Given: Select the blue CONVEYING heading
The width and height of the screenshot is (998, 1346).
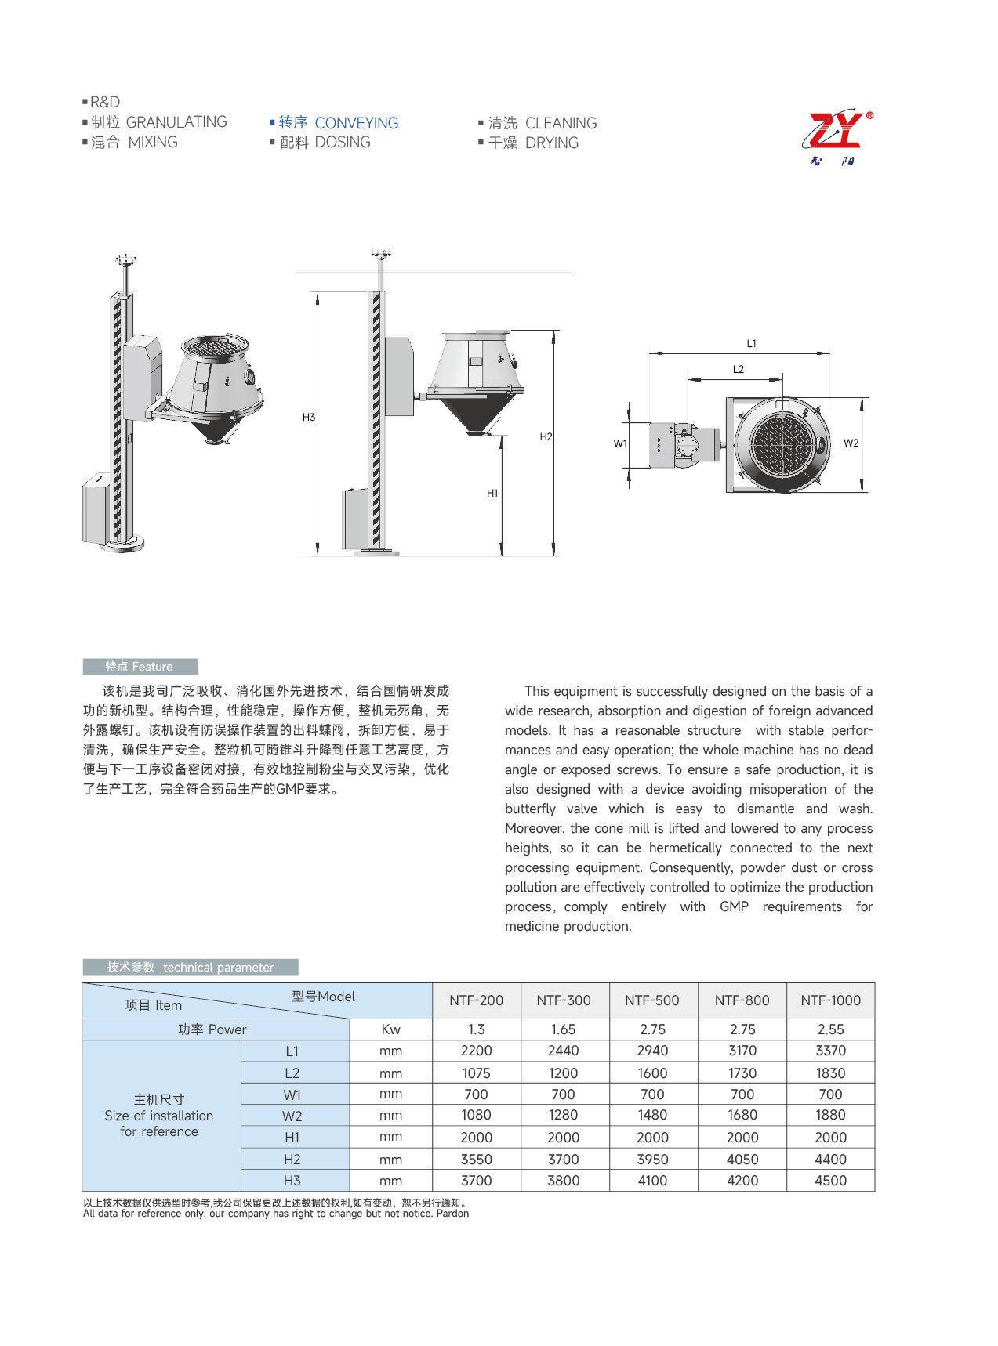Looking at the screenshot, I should coord(356,123).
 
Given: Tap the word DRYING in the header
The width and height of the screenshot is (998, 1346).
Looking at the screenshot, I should coord(552,143).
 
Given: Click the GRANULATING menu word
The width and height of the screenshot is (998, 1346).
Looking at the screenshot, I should coord(176,122).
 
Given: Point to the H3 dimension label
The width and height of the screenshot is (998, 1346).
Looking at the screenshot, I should coord(309,418).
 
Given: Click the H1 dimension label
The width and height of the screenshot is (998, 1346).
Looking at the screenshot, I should coord(492,493).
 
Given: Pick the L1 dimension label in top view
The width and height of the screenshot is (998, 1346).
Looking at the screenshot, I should coord(751,343).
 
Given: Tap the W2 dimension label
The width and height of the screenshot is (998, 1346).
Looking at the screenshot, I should coord(851,443).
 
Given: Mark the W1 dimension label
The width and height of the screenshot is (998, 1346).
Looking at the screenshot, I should coord(620,443).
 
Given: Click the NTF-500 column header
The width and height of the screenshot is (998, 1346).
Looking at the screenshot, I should coord(651,1000).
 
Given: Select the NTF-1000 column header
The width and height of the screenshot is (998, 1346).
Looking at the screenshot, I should coord(830,1000).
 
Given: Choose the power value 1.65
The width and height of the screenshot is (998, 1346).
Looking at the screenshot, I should coord(563,1029).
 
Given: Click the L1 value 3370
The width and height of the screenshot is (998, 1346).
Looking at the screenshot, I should coord(830,1051).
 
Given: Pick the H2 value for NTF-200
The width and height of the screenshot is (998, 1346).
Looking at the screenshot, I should coord(476,1160).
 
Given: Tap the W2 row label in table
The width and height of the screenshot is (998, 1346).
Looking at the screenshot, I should coord(292,1116).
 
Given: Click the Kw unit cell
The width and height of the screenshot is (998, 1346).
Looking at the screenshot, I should coord(390,1029).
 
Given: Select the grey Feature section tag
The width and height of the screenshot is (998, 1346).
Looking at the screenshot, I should coord(140,667).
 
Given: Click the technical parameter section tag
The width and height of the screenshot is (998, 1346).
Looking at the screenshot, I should coord(191,968).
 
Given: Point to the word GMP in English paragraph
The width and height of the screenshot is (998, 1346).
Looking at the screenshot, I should coord(734,906).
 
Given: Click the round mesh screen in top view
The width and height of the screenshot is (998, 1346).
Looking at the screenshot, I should coord(781,443).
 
